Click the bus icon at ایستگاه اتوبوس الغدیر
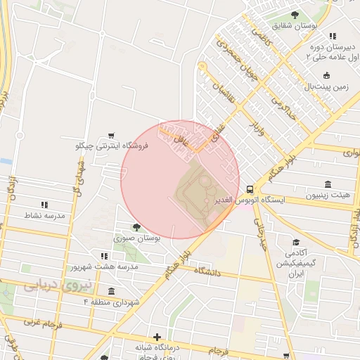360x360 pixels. (250, 189)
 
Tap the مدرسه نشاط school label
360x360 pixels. (44, 215)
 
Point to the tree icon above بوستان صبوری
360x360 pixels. (135, 227)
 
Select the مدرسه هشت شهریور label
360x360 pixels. (104, 268)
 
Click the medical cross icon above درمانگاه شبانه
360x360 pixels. (157, 337)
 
